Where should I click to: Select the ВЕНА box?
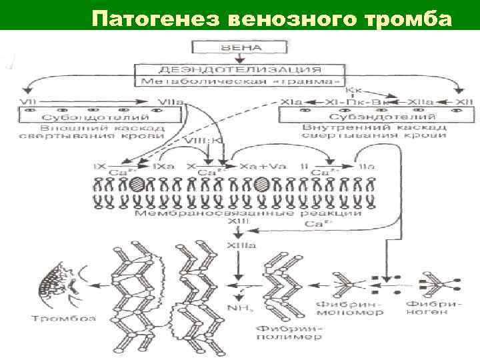241,48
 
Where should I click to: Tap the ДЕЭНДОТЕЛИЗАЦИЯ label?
241,69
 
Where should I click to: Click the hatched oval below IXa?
137,184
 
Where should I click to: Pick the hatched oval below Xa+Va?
262,184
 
